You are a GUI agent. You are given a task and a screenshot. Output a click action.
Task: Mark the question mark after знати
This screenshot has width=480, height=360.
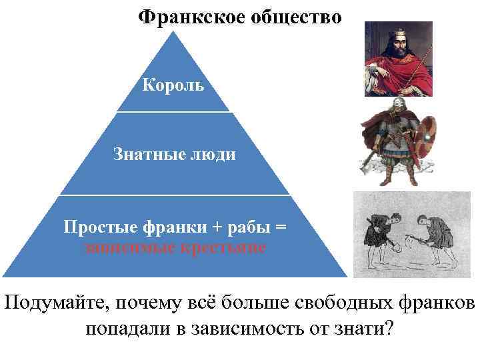pyautogui.click(x=389, y=329)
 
